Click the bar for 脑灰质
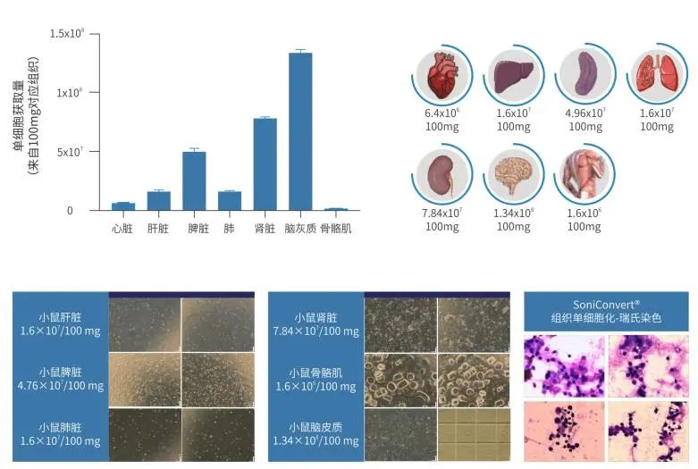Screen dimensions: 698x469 (x=300, y=131)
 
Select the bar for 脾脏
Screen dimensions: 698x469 (x=194, y=180)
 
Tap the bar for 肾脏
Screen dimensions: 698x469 (x=265, y=164)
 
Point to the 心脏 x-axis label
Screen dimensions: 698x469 (x=122, y=229)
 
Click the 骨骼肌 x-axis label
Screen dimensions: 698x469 (x=336, y=229)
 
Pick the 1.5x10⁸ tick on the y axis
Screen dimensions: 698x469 (x=67, y=33)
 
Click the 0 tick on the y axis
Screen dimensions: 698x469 (x=70, y=211)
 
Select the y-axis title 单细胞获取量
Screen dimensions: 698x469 (x=19, y=116)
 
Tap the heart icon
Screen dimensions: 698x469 (x=442, y=75)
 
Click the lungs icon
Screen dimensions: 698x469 (x=657, y=73)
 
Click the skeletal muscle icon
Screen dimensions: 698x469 (x=584, y=173)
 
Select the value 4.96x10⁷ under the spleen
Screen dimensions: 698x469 (x=585, y=113)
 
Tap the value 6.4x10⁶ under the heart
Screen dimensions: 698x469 (x=442, y=113)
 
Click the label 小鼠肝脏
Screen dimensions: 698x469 (x=60, y=317)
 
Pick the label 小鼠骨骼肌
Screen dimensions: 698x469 (x=315, y=373)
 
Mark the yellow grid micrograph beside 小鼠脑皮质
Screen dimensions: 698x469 (x=474, y=435)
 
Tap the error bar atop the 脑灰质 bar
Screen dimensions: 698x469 (x=300, y=51)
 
